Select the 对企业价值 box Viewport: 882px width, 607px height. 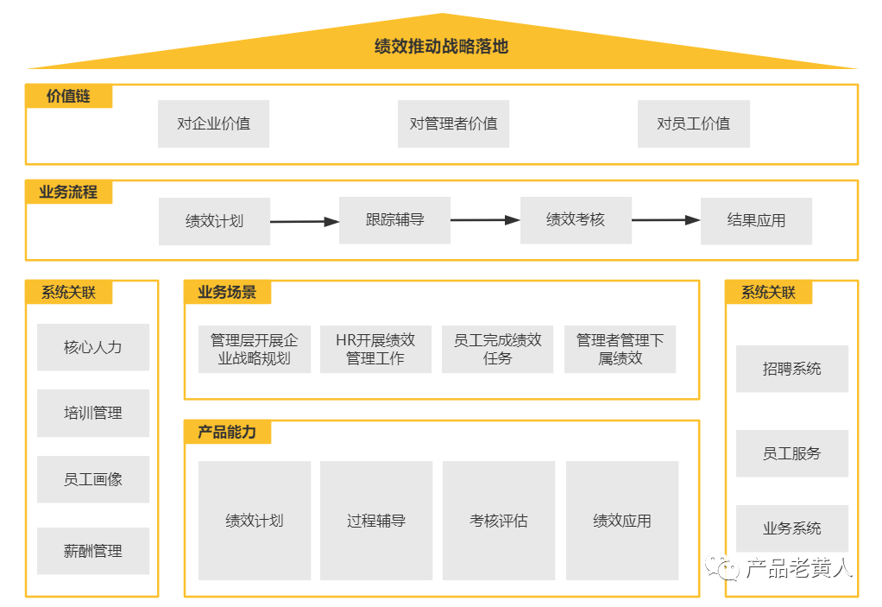pos(213,123)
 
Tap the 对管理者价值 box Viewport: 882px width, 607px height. pos(453,123)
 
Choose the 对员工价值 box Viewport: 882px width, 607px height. pos(693,123)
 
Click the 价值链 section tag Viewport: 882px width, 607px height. pos(68,96)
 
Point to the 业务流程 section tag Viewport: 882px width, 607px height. pos(68,192)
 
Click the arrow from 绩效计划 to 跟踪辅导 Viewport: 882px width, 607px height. pos(305,222)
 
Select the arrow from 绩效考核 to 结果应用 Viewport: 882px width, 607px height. pos(665,220)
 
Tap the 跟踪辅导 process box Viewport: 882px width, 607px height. pos(394,220)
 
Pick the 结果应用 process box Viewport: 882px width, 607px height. pos(756,221)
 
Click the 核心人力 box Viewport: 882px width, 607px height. pos(93,347)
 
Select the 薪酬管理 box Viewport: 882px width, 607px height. pos(93,551)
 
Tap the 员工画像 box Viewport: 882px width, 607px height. pos(93,479)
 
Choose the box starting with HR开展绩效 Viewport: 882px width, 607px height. pos(375,350)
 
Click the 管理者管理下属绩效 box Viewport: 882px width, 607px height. pos(620,350)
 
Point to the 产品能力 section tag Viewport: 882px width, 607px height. pos(227,432)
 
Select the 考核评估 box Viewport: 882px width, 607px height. pos(498,521)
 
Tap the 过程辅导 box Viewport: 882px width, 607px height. pos(375,521)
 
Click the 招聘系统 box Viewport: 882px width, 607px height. pos(791,369)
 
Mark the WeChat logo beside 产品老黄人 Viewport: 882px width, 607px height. pos(723,567)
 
